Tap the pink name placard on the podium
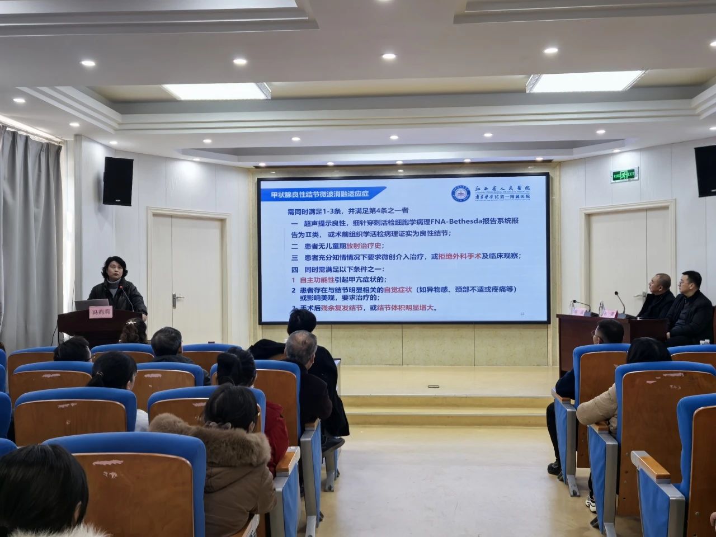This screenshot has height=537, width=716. coord(101,313)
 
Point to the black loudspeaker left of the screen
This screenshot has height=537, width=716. coord(118,181)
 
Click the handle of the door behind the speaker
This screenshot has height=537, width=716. coord(178,296)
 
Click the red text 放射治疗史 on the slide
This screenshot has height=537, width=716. coord(365,246)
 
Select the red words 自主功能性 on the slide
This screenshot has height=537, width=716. coord(318,279)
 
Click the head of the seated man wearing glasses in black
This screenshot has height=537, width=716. coord(691,283)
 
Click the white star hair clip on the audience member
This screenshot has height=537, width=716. coord(131,322)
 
